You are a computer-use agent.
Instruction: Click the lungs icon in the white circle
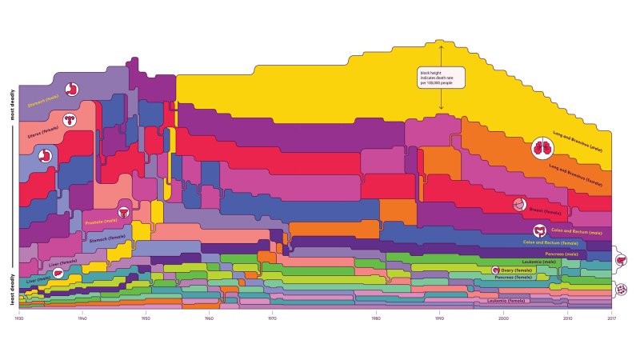tap(542, 148)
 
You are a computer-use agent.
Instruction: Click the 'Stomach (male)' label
tap(44, 102)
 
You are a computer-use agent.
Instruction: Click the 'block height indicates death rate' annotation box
tap(440, 78)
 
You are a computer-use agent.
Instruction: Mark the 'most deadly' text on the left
tap(11, 104)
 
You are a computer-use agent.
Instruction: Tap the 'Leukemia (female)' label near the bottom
tap(506, 301)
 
